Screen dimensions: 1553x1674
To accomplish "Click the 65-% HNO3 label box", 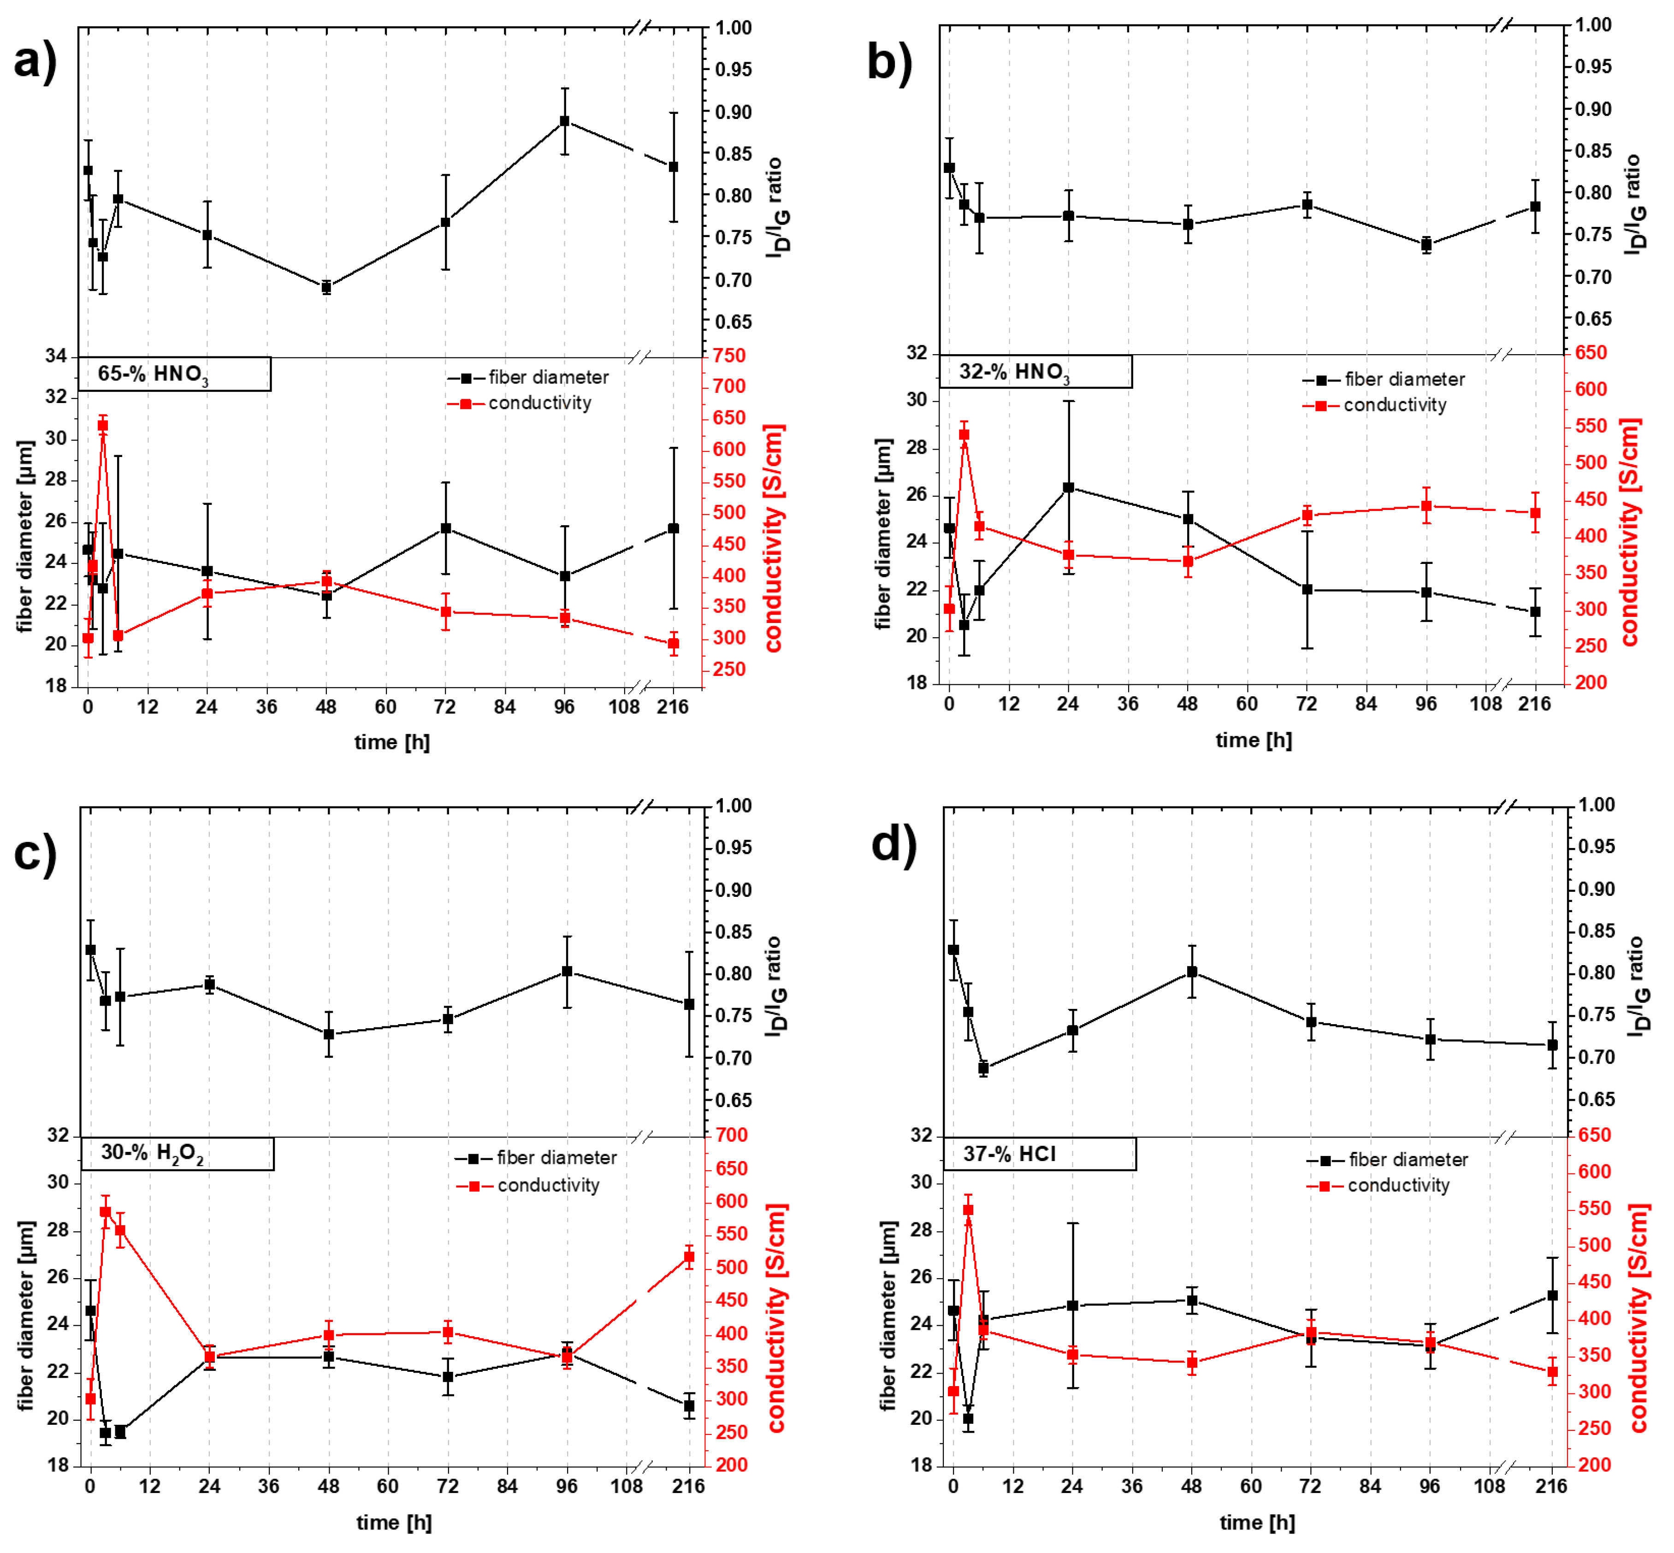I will point(174,374).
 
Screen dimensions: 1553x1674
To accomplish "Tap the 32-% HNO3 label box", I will point(1035,372).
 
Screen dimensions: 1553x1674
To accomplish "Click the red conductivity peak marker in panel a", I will point(102,425).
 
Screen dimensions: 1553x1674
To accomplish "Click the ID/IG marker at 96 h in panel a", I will point(565,121).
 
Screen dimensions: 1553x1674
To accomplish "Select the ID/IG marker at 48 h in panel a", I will point(326,287).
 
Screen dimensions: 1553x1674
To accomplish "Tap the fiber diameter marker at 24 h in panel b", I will point(1068,487).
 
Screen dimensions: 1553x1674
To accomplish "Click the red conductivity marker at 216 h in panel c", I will point(689,1257).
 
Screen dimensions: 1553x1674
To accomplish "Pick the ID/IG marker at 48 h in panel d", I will point(1192,972).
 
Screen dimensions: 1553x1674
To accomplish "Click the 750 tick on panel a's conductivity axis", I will point(729,356).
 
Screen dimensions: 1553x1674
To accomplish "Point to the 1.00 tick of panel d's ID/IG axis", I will point(1596,804).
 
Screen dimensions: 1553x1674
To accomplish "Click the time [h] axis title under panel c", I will point(393,1522).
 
